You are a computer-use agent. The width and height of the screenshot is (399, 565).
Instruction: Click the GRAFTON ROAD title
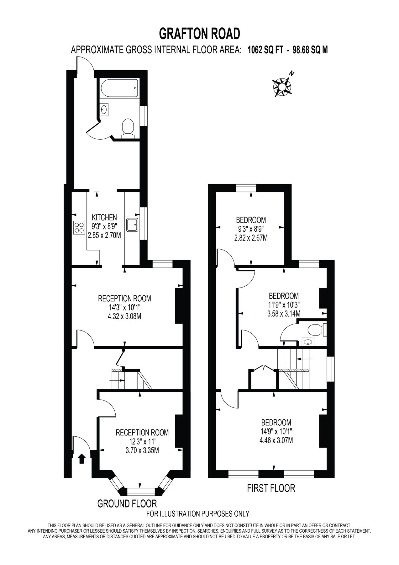[x=199, y=34]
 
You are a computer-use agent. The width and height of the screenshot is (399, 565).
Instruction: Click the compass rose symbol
[x=282, y=85]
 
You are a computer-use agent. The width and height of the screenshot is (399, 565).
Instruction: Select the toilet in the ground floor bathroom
[x=128, y=128]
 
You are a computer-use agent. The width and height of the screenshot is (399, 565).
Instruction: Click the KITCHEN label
[x=104, y=217]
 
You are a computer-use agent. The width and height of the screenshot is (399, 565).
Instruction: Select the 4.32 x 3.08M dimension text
[x=124, y=316]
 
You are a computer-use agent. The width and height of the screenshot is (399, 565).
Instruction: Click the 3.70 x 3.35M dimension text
[x=142, y=451]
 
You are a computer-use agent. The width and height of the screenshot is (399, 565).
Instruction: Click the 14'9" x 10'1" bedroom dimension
[x=276, y=431]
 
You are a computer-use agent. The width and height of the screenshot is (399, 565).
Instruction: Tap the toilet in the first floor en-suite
[x=315, y=330]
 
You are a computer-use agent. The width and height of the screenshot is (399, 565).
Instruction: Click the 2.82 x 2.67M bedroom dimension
[x=251, y=238]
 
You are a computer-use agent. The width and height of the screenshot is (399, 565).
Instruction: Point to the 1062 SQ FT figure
[x=265, y=50]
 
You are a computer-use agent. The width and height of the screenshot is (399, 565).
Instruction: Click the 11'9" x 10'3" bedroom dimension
[x=284, y=304]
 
